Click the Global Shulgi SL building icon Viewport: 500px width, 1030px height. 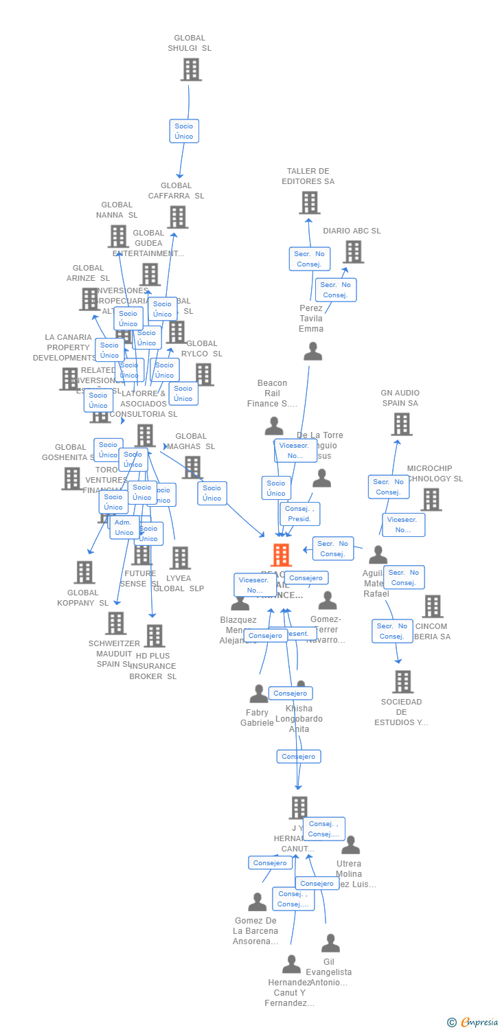tap(191, 69)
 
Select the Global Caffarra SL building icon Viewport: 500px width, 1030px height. tap(177, 217)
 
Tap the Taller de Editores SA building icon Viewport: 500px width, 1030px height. tap(309, 203)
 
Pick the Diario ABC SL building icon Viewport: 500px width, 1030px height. tap(353, 251)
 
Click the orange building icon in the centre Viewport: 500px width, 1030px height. tap(281, 555)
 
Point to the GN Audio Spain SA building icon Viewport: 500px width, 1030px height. tap(401, 424)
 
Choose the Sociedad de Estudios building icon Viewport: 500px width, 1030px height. tap(402, 681)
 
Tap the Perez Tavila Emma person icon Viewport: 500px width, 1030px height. tap(312, 352)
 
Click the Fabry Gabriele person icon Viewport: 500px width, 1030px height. tap(258, 694)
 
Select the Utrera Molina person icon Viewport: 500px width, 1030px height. tap(350, 845)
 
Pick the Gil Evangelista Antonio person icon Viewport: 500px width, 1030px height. tap(330, 943)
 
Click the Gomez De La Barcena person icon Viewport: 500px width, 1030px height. tap(257, 902)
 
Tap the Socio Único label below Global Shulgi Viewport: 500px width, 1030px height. tap(184, 131)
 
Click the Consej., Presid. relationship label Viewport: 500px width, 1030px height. tap(299, 514)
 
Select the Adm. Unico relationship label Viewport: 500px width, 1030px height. tap(124, 527)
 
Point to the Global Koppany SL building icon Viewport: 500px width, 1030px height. tap(84, 572)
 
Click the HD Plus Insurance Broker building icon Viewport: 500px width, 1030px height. tap(154, 636)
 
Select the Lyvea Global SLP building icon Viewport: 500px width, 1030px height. tap(180, 558)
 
